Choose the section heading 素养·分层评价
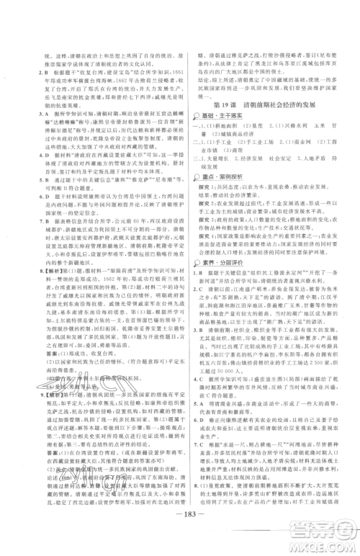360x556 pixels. [220, 266]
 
